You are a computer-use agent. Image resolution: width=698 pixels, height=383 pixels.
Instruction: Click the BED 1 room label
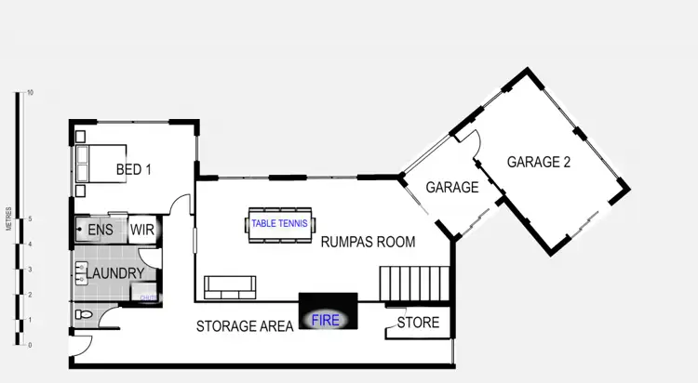(x=134, y=170)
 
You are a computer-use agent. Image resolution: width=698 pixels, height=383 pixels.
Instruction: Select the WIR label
(x=141, y=229)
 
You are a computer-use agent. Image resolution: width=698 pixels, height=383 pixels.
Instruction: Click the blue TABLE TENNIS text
(x=281, y=223)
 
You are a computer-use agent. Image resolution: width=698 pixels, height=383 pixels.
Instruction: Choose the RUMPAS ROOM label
(x=368, y=242)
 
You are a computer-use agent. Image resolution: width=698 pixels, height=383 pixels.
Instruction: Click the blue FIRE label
(x=326, y=321)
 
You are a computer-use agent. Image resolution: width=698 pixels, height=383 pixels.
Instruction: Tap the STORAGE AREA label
(x=245, y=325)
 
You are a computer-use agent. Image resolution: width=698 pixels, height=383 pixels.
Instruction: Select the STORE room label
(x=418, y=324)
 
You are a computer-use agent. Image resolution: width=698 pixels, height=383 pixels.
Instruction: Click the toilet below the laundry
(x=85, y=315)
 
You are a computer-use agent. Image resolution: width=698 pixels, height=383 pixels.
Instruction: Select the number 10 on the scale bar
(x=31, y=93)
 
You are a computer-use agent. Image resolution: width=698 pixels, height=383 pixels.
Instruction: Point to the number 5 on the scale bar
(x=30, y=219)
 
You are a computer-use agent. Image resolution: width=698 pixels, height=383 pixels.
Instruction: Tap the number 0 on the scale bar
(x=30, y=345)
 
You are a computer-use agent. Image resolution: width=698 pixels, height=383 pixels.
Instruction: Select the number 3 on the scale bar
(x=30, y=270)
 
